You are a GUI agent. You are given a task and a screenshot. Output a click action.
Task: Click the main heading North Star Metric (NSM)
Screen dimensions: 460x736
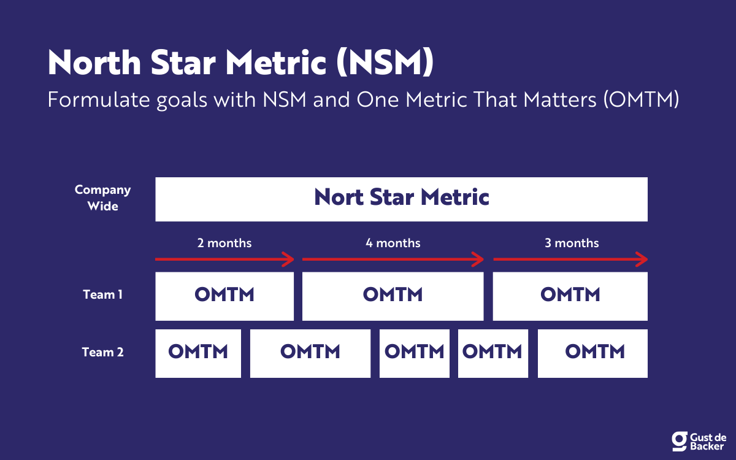pyautogui.click(x=240, y=63)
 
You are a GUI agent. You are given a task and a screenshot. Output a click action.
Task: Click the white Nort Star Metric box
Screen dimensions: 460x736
pyautogui.click(x=401, y=199)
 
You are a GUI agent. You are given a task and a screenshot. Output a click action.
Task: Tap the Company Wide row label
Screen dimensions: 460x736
pyautogui.click(x=102, y=197)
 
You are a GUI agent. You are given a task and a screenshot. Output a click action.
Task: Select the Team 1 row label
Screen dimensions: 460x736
pyautogui.click(x=102, y=295)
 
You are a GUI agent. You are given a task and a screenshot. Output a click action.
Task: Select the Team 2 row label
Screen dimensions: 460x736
pyautogui.click(x=102, y=353)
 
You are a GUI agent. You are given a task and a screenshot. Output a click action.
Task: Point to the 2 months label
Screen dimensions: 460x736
pyautogui.click(x=224, y=243)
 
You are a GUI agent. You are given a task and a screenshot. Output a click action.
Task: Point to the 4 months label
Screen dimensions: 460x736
pyautogui.click(x=393, y=243)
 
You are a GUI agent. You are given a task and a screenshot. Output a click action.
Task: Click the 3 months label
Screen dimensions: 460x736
pyautogui.click(x=572, y=243)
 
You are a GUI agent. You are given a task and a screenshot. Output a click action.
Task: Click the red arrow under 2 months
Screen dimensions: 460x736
pyautogui.click(x=224, y=260)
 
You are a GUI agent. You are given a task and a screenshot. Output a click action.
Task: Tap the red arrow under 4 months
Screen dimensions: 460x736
pyautogui.click(x=393, y=260)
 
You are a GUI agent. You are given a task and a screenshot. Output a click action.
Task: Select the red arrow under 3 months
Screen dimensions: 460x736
pyautogui.click(x=570, y=260)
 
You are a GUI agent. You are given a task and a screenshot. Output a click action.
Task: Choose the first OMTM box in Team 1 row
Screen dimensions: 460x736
pyautogui.click(x=224, y=296)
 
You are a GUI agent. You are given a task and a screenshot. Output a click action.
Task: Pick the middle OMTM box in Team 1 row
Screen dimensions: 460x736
pyautogui.click(x=393, y=296)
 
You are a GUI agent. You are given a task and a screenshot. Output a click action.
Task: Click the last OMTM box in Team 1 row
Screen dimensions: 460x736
pyautogui.click(x=570, y=296)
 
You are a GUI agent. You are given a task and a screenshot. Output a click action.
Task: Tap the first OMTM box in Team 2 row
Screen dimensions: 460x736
pyautogui.click(x=198, y=353)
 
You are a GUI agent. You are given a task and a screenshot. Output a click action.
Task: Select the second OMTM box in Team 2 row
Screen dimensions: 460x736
pyautogui.click(x=310, y=353)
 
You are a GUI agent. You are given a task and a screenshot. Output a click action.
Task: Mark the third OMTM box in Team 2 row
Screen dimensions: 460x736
pyautogui.click(x=414, y=353)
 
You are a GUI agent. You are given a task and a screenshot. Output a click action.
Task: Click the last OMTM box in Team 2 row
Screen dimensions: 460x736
pyautogui.click(x=592, y=353)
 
